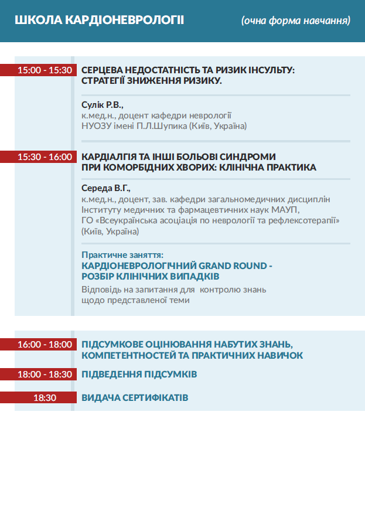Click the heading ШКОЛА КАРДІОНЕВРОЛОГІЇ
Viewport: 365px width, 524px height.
[x=99, y=21]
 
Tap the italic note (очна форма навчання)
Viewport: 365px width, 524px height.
[x=296, y=21]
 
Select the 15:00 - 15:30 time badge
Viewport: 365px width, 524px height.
[x=45, y=70]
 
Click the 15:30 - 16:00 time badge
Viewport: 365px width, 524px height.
[x=45, y=156]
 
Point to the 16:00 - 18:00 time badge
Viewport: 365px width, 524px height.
[x=45, y=344]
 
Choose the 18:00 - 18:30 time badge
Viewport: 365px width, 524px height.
[x=45, y=374]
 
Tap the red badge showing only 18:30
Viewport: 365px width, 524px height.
[x=45, y=397]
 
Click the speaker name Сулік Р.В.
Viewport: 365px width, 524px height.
[x=103, y=105]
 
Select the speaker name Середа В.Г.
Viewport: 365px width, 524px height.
[x=105, y=189]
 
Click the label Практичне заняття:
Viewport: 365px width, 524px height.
[x=122, y=255]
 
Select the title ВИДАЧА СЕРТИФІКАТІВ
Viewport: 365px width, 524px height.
[x=135, y=397]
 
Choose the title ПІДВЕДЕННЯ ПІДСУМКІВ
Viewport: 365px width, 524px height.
[x=139, y=374]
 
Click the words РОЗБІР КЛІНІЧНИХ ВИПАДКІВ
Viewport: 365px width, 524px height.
[x=151, y=275]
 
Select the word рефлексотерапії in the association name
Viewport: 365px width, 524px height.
[x=311, y=220]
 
